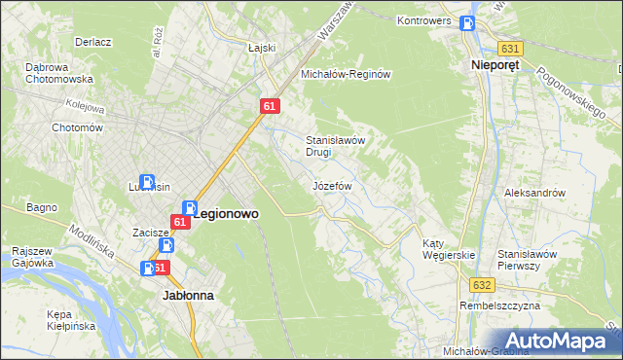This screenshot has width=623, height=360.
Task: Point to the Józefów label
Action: point(331,185)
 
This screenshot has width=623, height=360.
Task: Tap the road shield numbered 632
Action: point(484,285)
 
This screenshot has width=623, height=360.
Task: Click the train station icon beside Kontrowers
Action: point(468,25)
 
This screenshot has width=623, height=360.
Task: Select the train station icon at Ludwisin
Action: point(147,182)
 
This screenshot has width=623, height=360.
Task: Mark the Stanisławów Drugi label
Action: point(335,146)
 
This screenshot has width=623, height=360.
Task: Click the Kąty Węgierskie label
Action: point(448,249)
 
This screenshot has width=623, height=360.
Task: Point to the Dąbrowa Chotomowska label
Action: point(58,73)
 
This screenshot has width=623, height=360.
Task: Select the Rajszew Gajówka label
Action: point(32,257)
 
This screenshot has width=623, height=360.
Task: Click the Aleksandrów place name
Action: point(534,193)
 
